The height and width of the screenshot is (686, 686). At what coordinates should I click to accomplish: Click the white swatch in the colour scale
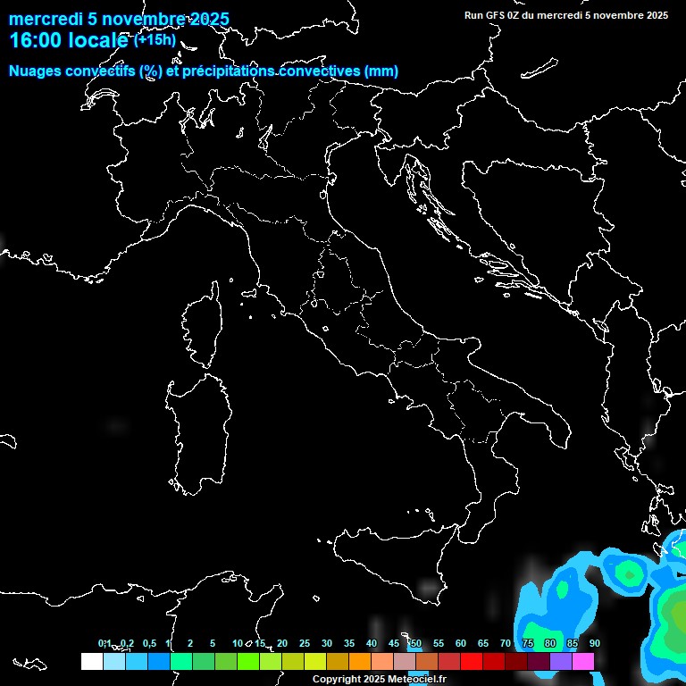pos(91,661)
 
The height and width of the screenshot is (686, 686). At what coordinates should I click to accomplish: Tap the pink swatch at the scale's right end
pos(583,661)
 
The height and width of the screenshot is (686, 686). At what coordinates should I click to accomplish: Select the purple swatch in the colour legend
pos(561,661)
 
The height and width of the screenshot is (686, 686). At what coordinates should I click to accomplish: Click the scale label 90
pos(595,643)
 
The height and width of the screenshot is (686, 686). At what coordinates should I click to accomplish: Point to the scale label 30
pos(327,643)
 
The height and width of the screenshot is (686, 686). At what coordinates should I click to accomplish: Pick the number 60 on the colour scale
pos(461,643)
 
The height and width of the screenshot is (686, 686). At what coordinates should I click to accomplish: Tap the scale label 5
pos(213,643)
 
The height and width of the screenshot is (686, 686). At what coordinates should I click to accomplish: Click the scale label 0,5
pos(149,643)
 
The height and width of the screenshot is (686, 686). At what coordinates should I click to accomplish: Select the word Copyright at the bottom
pos(335,680)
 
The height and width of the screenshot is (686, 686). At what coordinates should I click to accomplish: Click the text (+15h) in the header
pos(155,39)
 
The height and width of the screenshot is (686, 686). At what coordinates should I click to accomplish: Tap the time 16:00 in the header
pos(35,40)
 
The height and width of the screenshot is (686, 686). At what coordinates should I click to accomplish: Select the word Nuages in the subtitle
pos(35,71)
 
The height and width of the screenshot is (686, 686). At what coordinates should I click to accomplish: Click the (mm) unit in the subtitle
pos(382,71)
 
